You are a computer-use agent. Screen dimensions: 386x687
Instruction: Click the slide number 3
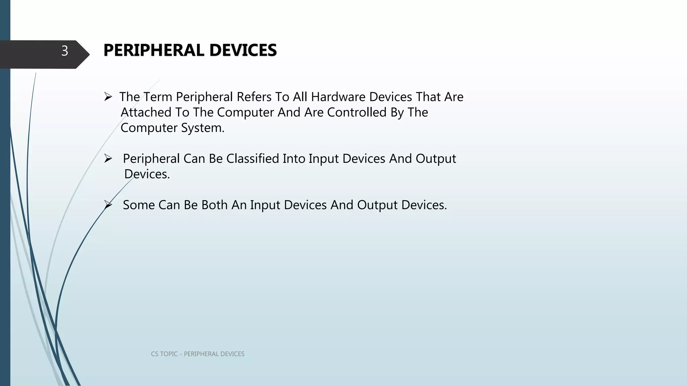point(65,51)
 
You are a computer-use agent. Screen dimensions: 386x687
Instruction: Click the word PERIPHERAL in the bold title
point(154,50)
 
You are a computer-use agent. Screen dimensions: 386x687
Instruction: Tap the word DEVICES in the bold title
point(243,50)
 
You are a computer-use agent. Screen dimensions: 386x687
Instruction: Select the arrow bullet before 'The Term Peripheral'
point(108,97)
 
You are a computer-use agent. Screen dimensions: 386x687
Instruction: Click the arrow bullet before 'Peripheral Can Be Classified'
point(108,158)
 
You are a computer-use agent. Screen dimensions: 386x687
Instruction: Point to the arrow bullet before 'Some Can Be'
point(108,204)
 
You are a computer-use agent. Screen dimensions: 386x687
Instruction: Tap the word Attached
point(146,112)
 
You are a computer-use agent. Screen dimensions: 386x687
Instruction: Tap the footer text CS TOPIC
point(164,354)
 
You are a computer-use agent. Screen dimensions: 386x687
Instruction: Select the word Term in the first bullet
point(158,97)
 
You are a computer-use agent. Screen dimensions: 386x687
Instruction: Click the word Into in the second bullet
point(294,158)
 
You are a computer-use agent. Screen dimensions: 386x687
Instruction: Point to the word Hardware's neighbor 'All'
point(300,97)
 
